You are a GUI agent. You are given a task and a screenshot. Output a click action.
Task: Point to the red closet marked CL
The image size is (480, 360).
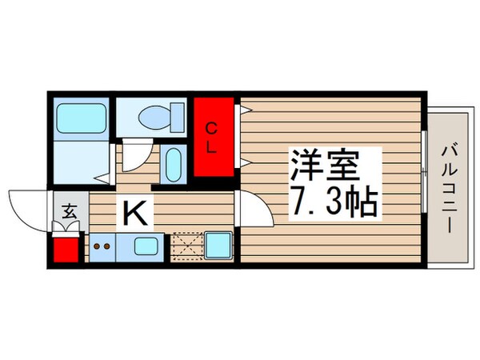[x=214, y=138]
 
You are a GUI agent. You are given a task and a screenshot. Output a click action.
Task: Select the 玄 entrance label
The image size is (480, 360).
[x=69, y=213]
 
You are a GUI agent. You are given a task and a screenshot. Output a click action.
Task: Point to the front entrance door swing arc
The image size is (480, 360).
[x=30, y=208]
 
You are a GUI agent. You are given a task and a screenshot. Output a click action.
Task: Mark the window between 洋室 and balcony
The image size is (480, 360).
[x=422, y=176]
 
